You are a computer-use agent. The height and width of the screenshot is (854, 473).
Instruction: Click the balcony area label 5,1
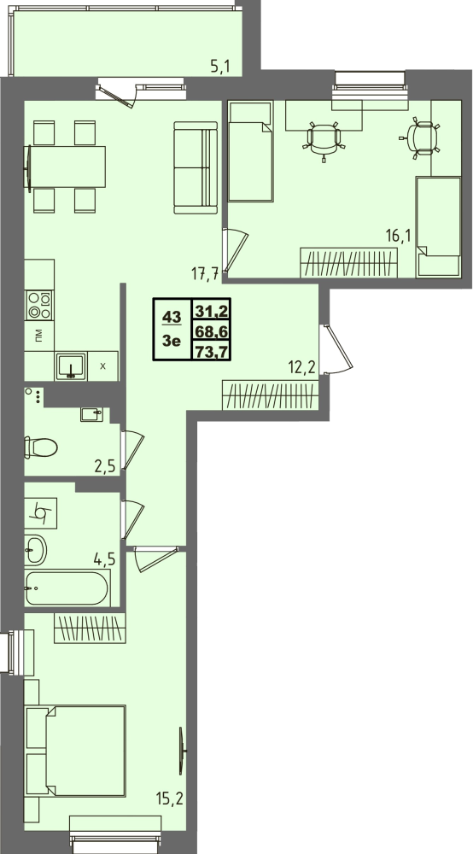pos(220,67)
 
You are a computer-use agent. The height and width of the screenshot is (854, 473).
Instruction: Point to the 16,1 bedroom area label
pos(398,236)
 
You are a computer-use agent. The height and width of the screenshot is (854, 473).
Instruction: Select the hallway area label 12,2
pos(302,366)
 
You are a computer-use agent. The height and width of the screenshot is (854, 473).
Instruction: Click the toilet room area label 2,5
pos(106,466)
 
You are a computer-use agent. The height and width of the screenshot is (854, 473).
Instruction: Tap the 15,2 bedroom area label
pos(170,799)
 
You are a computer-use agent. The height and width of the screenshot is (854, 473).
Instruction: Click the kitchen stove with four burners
pos(39,305)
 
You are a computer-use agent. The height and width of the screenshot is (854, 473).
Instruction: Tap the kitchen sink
pos(71,366)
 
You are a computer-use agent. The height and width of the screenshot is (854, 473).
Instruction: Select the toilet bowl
pos(41,448)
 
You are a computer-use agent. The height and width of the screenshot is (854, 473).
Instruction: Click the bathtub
pos(67,588)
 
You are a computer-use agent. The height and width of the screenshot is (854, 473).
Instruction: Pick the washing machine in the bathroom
pos(41,513)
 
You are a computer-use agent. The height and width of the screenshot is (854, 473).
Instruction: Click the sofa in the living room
pos(196,167)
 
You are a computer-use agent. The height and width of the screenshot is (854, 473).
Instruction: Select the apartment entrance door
pos(337,349)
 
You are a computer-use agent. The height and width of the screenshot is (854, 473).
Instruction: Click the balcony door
pos(117,92)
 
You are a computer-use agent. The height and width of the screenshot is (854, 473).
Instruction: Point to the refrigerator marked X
pos(102,366)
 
